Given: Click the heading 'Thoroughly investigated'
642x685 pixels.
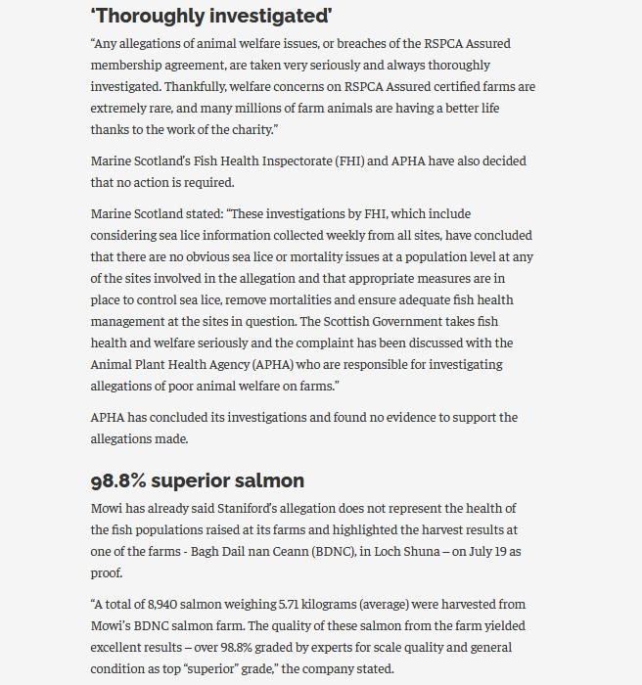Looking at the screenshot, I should tap(211, 16).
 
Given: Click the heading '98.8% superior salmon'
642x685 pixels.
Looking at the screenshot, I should tap(197, 480).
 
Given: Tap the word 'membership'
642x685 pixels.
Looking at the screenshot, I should tap(130, 65).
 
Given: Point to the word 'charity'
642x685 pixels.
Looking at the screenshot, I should tap(252, 129).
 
